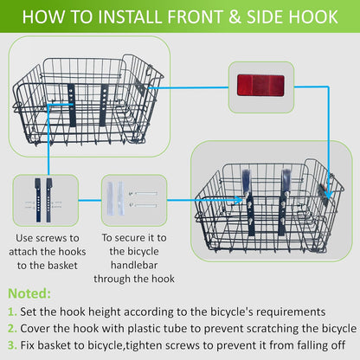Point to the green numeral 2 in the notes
tap(10, 329)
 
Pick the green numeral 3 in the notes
tap(10, 346)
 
